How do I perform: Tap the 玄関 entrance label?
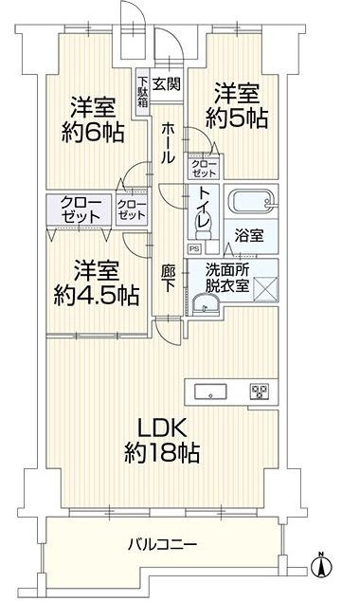[x=166, y=83]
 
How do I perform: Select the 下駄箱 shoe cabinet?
[x=143, y=92]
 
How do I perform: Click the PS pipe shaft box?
[x=194, y=249]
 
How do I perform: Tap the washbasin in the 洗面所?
[x=206, y=304]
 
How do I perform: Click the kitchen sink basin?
[x=210, y=392]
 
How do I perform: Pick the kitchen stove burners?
[x=260, y=392]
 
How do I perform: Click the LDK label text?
[x=163, y=428]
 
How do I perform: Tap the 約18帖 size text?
[x=162, y=453]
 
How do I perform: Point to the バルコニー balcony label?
[x=163, y=544]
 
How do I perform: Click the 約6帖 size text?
[x=93, y=133]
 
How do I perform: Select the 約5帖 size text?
[x=236, y=118]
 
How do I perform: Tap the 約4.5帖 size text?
[x=96, y=296]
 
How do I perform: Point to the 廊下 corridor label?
[x=168, y=279]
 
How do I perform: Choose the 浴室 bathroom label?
[x=249, y=236]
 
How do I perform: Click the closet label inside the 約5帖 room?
[x=204, y=169]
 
